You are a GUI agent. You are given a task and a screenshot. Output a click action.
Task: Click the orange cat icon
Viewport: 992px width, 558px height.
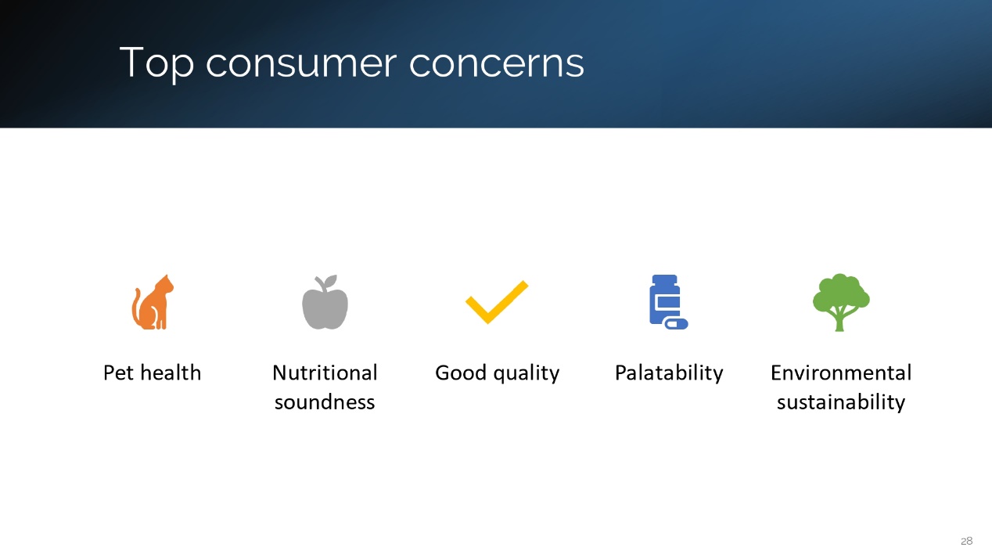click(153, 303)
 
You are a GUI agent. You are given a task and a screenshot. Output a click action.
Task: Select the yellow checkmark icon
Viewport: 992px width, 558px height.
click(497, 302)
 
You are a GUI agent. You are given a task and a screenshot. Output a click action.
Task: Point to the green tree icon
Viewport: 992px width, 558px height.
click(840, 302)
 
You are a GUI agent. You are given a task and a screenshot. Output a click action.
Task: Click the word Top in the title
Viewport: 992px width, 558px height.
click(156, 63)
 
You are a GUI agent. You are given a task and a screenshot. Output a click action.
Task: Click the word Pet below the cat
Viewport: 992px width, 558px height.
click(118, 373)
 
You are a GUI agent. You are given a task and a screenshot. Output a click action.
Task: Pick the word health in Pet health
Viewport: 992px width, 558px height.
click(171, 372)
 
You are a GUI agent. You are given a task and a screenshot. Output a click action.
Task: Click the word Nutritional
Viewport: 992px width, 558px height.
click(325, 372)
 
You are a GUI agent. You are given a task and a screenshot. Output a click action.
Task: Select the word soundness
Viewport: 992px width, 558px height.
click(325, 402)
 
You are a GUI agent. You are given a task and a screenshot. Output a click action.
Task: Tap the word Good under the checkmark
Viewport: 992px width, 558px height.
click(461, 373)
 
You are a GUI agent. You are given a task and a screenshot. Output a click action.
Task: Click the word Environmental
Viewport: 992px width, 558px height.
click(841, 372)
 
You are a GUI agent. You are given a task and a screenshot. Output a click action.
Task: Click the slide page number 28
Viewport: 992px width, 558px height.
click(966, 541)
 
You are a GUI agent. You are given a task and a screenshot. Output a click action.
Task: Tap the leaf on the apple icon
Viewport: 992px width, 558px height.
click(330, 281)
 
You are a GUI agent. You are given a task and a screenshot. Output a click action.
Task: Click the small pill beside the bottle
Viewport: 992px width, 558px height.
click(676, 324)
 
